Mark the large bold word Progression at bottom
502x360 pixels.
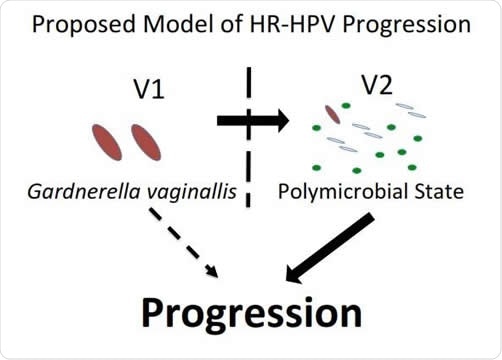[250, 314]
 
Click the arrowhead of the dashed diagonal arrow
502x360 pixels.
[213, 270]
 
